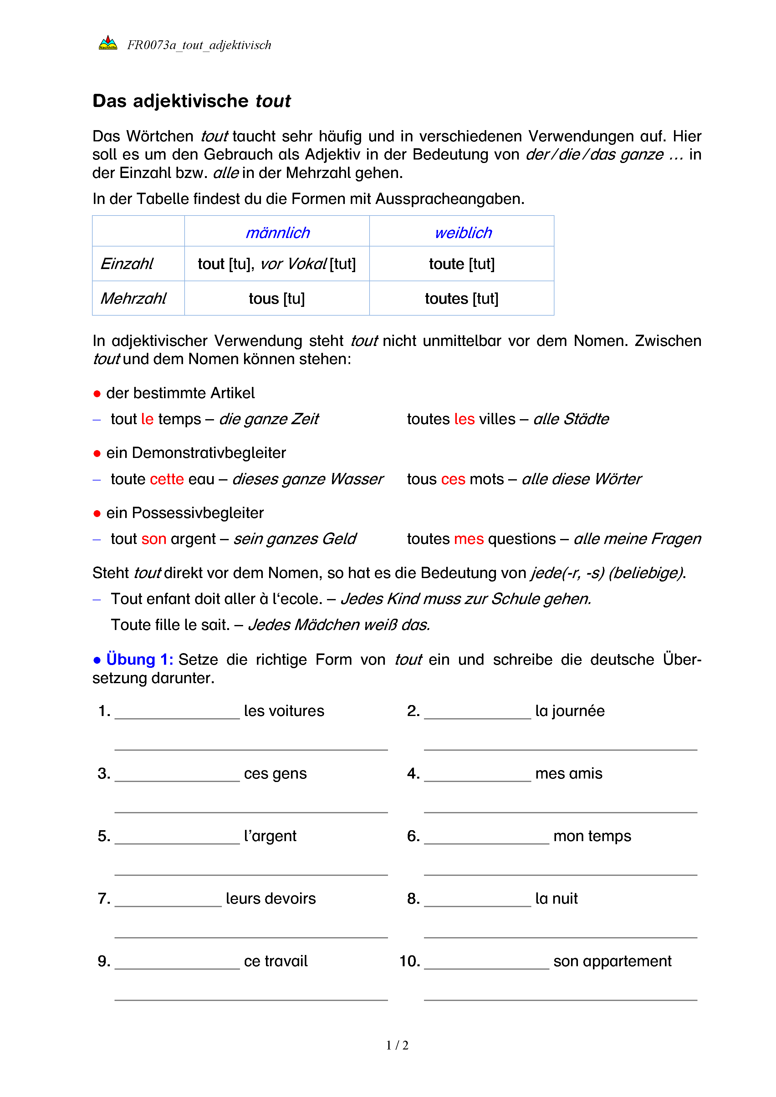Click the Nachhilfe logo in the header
108,43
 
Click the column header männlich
278,233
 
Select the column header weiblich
463,233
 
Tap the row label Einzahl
127,264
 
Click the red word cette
167,479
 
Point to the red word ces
453,479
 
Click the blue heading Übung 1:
140,659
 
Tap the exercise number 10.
410,961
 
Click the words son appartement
612,961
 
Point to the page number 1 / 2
397,1045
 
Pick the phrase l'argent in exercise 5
270,835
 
